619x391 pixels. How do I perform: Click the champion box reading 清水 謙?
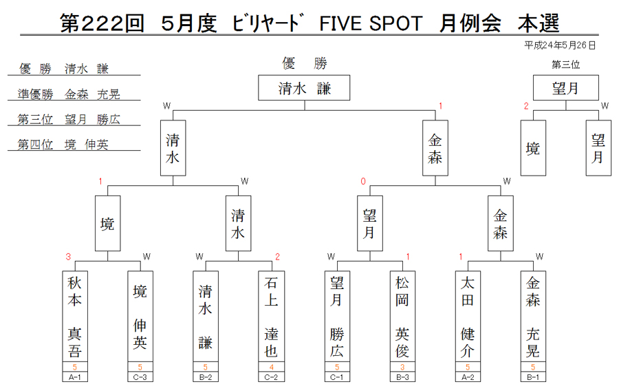[x=304, y=87]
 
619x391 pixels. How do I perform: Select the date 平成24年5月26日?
[x=559, y=46]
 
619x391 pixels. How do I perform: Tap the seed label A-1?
[x=74, y=377]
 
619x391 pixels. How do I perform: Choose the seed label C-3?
[x=140, y=377]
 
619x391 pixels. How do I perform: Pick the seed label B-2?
[x=205, y=377]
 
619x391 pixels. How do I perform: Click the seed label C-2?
[x=271, y=377]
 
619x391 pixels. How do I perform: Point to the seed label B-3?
[x=402, y=377]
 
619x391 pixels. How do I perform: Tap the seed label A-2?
[x=468, y=377]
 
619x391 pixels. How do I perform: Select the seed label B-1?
[x=533, y=377]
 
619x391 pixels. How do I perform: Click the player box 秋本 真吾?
[x=74, y=316]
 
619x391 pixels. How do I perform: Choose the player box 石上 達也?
[x=271, y=316]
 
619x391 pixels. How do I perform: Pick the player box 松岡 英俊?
[x=402, y=316]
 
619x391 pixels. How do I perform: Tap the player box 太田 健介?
[x=468, y=316]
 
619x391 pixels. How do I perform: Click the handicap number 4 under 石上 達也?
[x=271, y=367]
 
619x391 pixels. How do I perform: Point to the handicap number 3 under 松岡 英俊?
[x=402, y=367]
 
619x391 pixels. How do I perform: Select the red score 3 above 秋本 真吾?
[x=68, y=257]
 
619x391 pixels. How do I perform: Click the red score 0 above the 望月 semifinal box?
[x=363, y=181]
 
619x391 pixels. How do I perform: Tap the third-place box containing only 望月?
[x=566, y=87]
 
